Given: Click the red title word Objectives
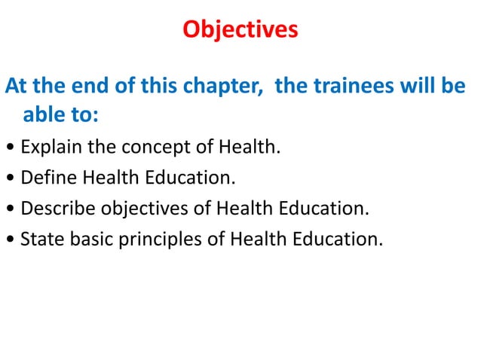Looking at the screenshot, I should point(240,30).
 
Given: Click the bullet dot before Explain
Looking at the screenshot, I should point(8,146).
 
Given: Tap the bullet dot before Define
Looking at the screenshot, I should point(8,178).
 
